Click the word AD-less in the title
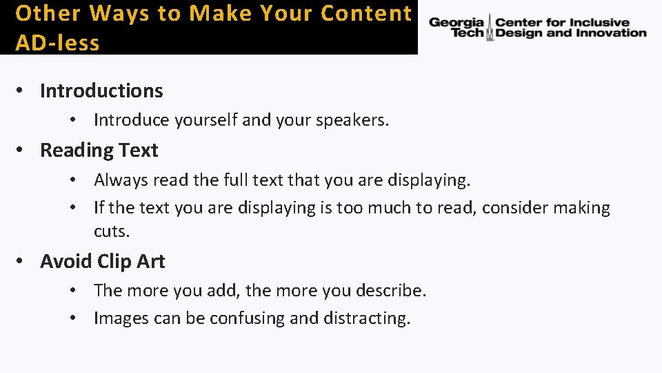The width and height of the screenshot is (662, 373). coord(57,43)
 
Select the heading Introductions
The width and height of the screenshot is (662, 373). coord(101,90)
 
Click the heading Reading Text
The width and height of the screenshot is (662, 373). coord(99,150)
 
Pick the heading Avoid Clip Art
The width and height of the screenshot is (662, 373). coord(103,261)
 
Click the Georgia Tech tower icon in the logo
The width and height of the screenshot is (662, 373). coord(490,28)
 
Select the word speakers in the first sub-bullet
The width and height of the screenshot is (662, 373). coord(352,120)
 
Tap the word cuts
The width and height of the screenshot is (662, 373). coord(112,231)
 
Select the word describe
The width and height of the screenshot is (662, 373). coord(395,290)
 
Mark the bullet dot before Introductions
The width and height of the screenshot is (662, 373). coord(22,90)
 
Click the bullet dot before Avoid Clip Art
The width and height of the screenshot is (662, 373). coord(22,261)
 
